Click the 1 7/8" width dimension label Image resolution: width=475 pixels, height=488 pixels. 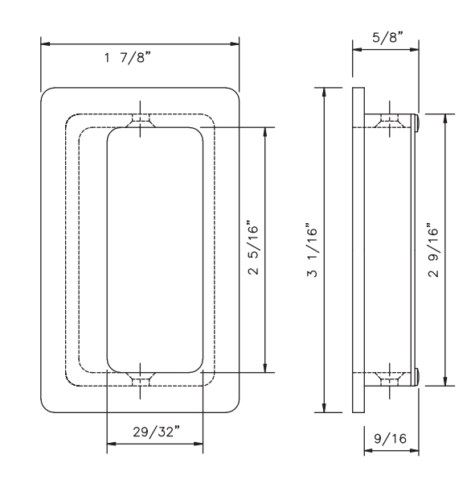127,57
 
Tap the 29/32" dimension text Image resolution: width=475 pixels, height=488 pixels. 156,432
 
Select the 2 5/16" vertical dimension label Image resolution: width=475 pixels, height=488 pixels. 253,248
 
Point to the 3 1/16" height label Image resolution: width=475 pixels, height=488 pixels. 312,250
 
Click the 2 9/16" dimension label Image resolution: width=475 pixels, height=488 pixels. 433,250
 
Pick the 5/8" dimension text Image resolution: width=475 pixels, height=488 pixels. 387,37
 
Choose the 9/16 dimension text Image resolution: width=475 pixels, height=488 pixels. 391,439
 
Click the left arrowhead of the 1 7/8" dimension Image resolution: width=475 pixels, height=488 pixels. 45,43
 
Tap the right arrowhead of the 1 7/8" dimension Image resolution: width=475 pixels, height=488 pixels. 235,43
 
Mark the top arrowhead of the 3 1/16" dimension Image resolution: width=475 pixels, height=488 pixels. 324,93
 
